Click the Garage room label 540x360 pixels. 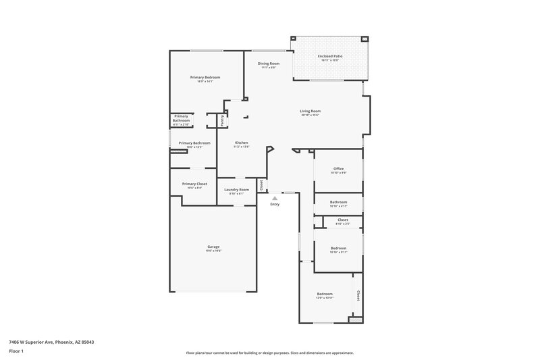213,247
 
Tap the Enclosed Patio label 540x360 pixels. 329,56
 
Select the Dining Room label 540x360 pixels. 269,63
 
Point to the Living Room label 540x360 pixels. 310,111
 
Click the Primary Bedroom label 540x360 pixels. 205,77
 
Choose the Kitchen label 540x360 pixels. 242,143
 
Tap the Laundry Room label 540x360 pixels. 237,190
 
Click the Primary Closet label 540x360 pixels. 194,184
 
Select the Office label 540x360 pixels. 339,168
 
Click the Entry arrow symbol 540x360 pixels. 274,199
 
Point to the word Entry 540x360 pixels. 275,205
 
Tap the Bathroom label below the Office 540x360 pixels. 339,202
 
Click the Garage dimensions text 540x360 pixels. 213,251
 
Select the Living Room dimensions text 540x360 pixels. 310,115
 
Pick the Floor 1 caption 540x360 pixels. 17,352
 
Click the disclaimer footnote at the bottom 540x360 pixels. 270,353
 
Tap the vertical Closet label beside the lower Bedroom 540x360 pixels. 358,295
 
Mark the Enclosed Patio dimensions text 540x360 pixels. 329,61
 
